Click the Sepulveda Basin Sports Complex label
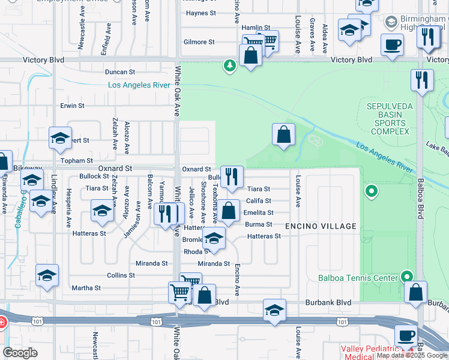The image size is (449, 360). click(x=388, y=119)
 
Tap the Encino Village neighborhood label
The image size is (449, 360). click(x=321, y=226)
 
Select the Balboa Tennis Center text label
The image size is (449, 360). click(x=358, y=278)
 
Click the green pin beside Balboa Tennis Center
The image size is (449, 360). click(x=406, y=276)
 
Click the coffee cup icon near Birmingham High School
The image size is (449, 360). click(x=393, y=44)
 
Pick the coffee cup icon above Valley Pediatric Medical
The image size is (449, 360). click(x=405, y=335)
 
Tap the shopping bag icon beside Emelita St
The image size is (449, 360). click(x=228, y=211)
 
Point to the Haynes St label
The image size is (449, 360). click(x=200, y=13)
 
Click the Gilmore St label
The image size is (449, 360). click(x=199, y=42)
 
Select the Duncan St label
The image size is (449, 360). click(x=116, y=71)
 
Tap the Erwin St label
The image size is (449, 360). click(x=72, y=106)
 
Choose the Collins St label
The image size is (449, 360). click(x=121, y=275)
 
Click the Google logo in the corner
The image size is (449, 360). click(x=20, y=353)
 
